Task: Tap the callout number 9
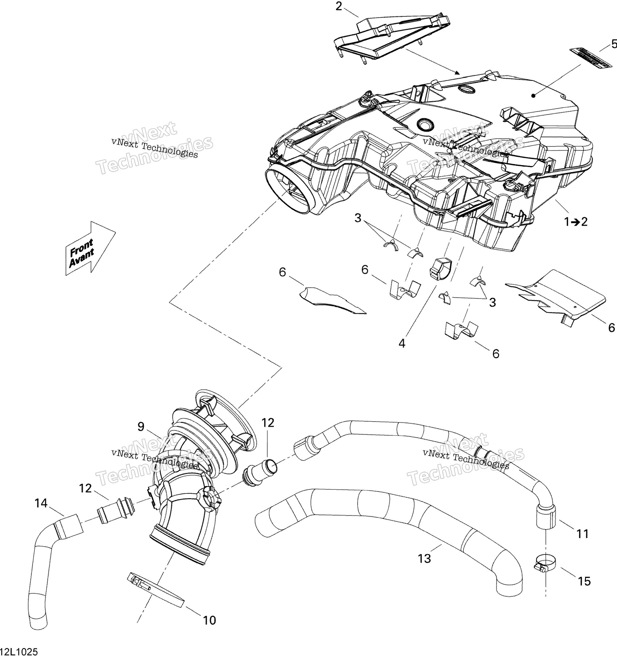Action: click(141, 427)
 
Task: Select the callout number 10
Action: click(209, 620)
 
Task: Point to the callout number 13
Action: click(424, 559)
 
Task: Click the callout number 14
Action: click(41, 503)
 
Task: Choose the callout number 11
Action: click(582, 533)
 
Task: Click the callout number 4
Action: click(402, 343)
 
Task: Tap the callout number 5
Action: click(614, 43)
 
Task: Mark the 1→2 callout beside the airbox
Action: click(575, 222)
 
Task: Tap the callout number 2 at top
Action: click(339, 6)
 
